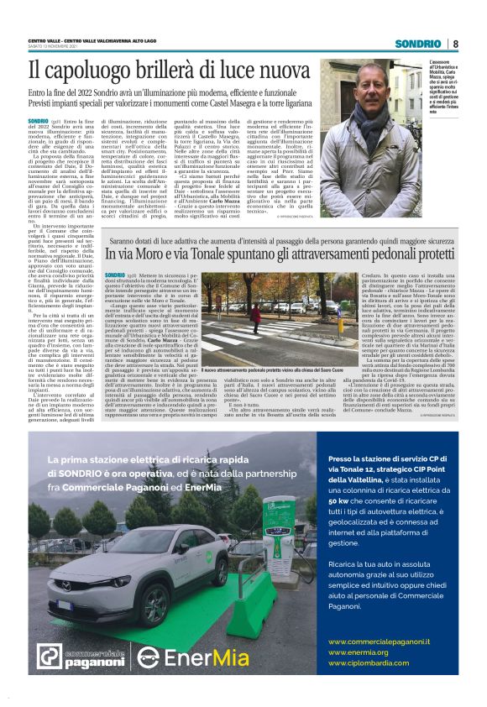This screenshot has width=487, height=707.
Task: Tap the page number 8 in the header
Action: [454, 44]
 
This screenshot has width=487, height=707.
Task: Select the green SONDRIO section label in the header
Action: [418, 44]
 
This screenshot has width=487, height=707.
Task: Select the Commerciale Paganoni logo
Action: [81, 657]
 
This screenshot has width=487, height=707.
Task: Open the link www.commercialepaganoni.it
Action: [379, 642]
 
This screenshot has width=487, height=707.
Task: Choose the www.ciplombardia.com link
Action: [370, 662]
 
